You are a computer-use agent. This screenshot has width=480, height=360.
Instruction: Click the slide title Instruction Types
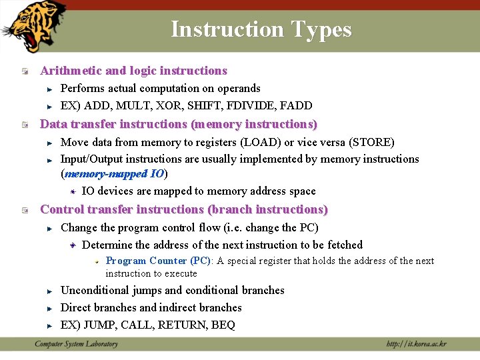pos(261,29)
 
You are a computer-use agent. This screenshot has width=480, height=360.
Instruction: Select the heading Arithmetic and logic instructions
pos(133,71)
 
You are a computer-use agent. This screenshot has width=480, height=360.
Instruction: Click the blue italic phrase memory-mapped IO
pos(115,174)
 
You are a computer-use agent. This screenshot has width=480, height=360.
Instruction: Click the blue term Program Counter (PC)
pos(158,261)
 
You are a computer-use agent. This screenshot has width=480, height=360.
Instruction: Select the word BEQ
pos(223,325)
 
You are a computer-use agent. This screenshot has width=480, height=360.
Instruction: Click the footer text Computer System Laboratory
pos(76,344)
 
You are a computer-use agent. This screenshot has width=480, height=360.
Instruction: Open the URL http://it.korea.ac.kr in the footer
pos(417,344)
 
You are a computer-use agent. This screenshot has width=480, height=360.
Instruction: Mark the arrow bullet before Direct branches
pos(49,309)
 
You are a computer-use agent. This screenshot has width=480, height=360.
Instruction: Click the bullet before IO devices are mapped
pos(74,191)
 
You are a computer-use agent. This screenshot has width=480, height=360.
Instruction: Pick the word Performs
pos(82,88)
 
